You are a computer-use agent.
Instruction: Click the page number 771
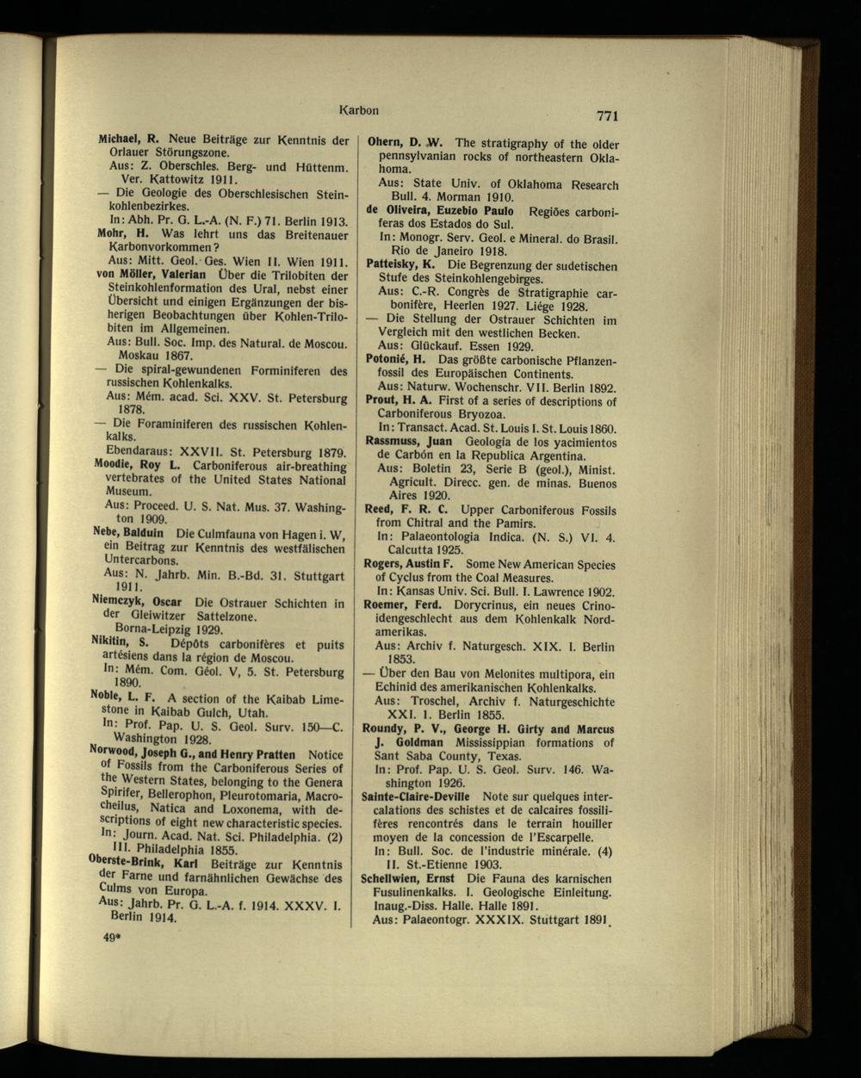pyautogui.click(x=606, y=116)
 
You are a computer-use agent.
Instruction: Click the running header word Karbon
pyautogui.click(x=360, y=110)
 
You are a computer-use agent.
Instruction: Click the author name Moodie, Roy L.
pyautogui.click(x=136, y=466)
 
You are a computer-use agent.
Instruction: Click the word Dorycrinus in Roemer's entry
pyautogui.click(x=475, y=605)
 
